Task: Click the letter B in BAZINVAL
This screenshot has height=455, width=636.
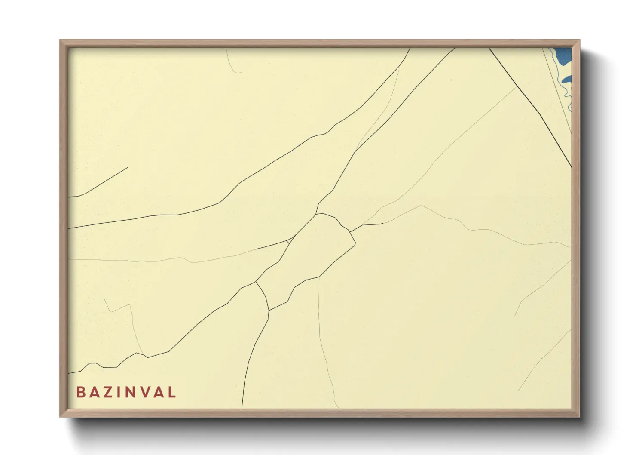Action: coord(81,392)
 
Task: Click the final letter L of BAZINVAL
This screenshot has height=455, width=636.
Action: coord(172,392)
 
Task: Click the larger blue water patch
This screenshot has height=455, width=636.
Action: coord(563,55)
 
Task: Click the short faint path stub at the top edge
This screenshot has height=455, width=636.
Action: coord(231,63)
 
